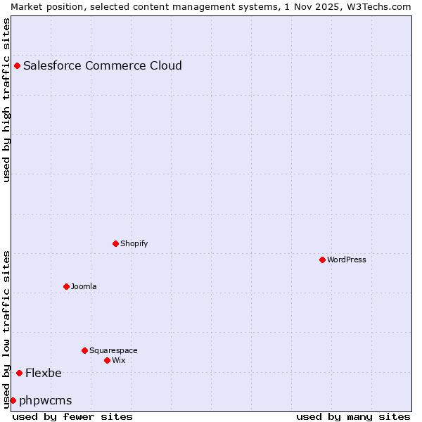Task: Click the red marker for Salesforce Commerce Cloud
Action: pyautogui.click(x=18, y=66)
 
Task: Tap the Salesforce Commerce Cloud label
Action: pyautogui.click(x=103, y=66)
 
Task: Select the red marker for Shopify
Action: pyautogui.click(x=116, y=243)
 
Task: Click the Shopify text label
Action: pyautogui.click(x=134, y=244)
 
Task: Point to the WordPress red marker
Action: pyautogui.click(x=323, y=260)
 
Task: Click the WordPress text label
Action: pyautogui.click(x=347, y=260)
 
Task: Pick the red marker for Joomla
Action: pyautogui.click(x=67, y=286)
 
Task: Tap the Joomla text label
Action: pyautogui.click(x=84, y=287)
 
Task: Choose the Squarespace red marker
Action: pyautogui.click(x=85, y=350)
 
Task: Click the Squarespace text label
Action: pyautogui.click(x=113, y=351)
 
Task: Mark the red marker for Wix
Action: pyautogui.click(x=108, y=360)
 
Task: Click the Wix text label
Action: pyautogui.click(x=119, y=361)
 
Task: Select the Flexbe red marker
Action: pyautogui.click(x=19, y=373)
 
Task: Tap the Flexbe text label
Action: pyautogui.click(x=44, y=373)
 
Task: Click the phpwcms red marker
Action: pyautogui.click(x=13, y=400)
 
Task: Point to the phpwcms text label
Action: pyautogui.click(x=46, y=401)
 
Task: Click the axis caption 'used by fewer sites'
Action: pyautogui.click(x=72, y=416)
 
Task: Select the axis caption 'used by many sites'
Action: pyautogui.click(x=353, y=416)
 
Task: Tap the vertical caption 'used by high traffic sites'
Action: pyautogui.click(x=7, y=100)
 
